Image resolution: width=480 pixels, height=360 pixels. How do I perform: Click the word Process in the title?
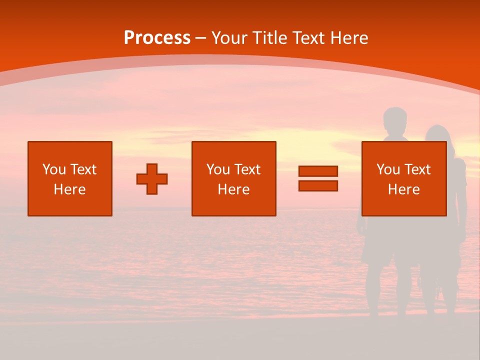tap(157, 38)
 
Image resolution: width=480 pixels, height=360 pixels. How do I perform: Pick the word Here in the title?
tap(349, 38)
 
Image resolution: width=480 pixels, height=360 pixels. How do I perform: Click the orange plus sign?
tap(152, 179)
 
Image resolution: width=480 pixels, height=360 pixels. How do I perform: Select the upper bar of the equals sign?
tap(318, 171)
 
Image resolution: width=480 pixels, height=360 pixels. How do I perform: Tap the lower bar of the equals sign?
tap(318, 185)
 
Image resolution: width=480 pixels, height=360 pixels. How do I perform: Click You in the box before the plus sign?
tap(54, 169)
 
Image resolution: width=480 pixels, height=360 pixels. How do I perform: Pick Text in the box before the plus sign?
tap(82, 169)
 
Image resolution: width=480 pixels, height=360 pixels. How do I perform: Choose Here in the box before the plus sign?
tap(69, 189)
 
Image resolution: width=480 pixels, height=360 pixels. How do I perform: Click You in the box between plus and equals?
tap(218, 169)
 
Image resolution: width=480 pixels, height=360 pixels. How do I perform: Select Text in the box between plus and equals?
tap(246, 169)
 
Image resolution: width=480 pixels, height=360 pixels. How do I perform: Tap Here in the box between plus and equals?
tap(233, 189)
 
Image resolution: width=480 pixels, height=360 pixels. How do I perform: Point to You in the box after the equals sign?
tap(388, 169)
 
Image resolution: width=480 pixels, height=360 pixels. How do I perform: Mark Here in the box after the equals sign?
tap(403, 189)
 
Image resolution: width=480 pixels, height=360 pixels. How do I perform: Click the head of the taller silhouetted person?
tap(395, 120)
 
